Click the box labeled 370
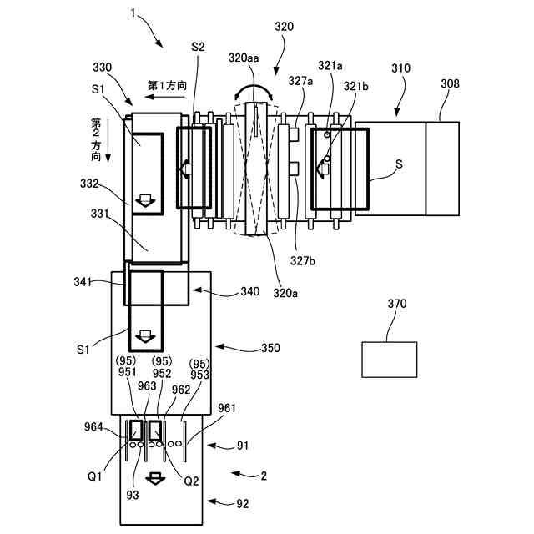[390, 359]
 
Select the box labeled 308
[442, 168]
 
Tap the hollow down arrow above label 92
[154, 480]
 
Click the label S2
[198, 48]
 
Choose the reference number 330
[103, 68]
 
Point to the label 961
[227, 408]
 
